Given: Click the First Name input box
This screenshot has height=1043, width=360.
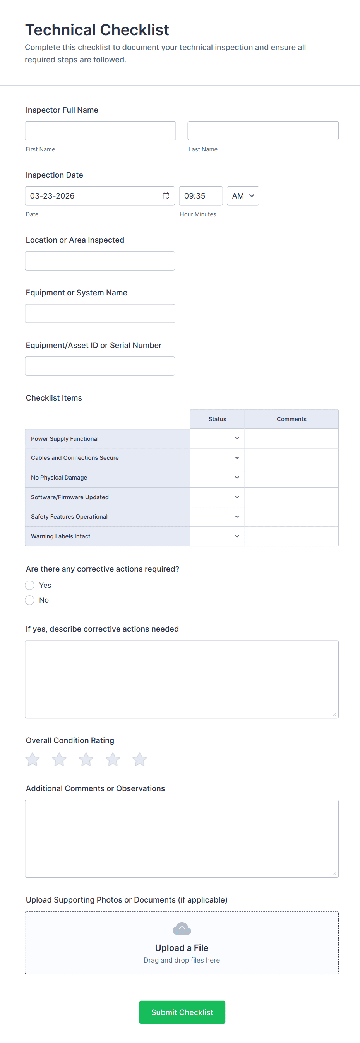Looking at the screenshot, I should click(100, 131).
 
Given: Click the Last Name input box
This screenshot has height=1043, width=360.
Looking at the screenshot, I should click(263, 131).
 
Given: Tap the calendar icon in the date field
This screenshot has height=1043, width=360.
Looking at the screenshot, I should click(166, 196).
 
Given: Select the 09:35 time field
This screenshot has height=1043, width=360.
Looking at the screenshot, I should click(201, 196).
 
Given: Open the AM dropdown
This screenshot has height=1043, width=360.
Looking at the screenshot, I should click(243, 196).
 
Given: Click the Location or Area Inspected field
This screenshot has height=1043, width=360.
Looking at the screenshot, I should click(99, 261).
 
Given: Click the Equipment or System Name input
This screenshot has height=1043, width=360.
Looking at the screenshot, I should click(99, 313).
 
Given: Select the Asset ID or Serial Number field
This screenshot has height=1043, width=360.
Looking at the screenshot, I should click(99, 366).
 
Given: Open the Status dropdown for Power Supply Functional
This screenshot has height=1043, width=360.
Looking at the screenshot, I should click(218, 438).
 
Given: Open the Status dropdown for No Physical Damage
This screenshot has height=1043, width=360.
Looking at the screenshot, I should click(218, 477).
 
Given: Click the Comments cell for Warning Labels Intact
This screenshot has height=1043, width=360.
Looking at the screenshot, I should click(291, 536).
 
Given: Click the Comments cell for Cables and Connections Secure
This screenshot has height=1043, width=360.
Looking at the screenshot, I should click(291, 458).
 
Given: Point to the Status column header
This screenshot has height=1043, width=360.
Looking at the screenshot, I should click(218, 419).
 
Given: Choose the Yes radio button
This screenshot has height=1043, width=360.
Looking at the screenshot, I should click(29, 585).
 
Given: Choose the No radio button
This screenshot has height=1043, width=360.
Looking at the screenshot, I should click(29, 600).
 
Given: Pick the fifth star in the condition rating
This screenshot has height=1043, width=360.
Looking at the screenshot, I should click(139, 759).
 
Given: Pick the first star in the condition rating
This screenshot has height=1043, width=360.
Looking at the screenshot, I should click(33, 759).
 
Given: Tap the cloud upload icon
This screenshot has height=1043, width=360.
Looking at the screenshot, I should click(182, 928).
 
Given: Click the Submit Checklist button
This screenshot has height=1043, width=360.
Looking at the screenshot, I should click(182, 1012).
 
